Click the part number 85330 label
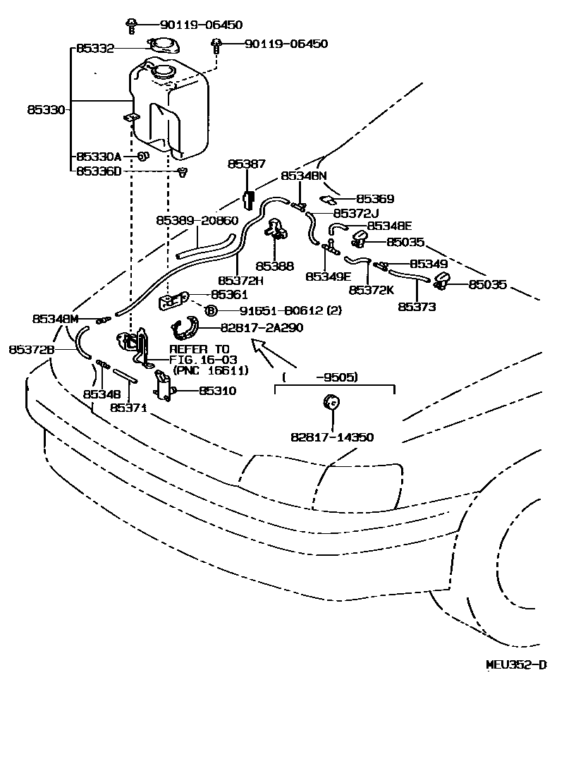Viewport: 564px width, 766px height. pos(47,110)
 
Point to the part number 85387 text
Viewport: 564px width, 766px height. pos(246,164)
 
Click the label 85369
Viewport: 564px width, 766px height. pos(374,200)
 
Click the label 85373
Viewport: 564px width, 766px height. pos(417,306)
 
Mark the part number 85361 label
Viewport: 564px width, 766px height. pos(228,294)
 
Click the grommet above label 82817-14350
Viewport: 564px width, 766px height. pos(329,403)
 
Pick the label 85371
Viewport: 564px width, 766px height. pos(128,407)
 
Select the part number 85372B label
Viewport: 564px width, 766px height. pos(32,349)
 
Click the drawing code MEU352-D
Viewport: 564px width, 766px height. pos(516,664)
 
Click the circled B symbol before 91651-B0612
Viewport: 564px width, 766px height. pos(209,310)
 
